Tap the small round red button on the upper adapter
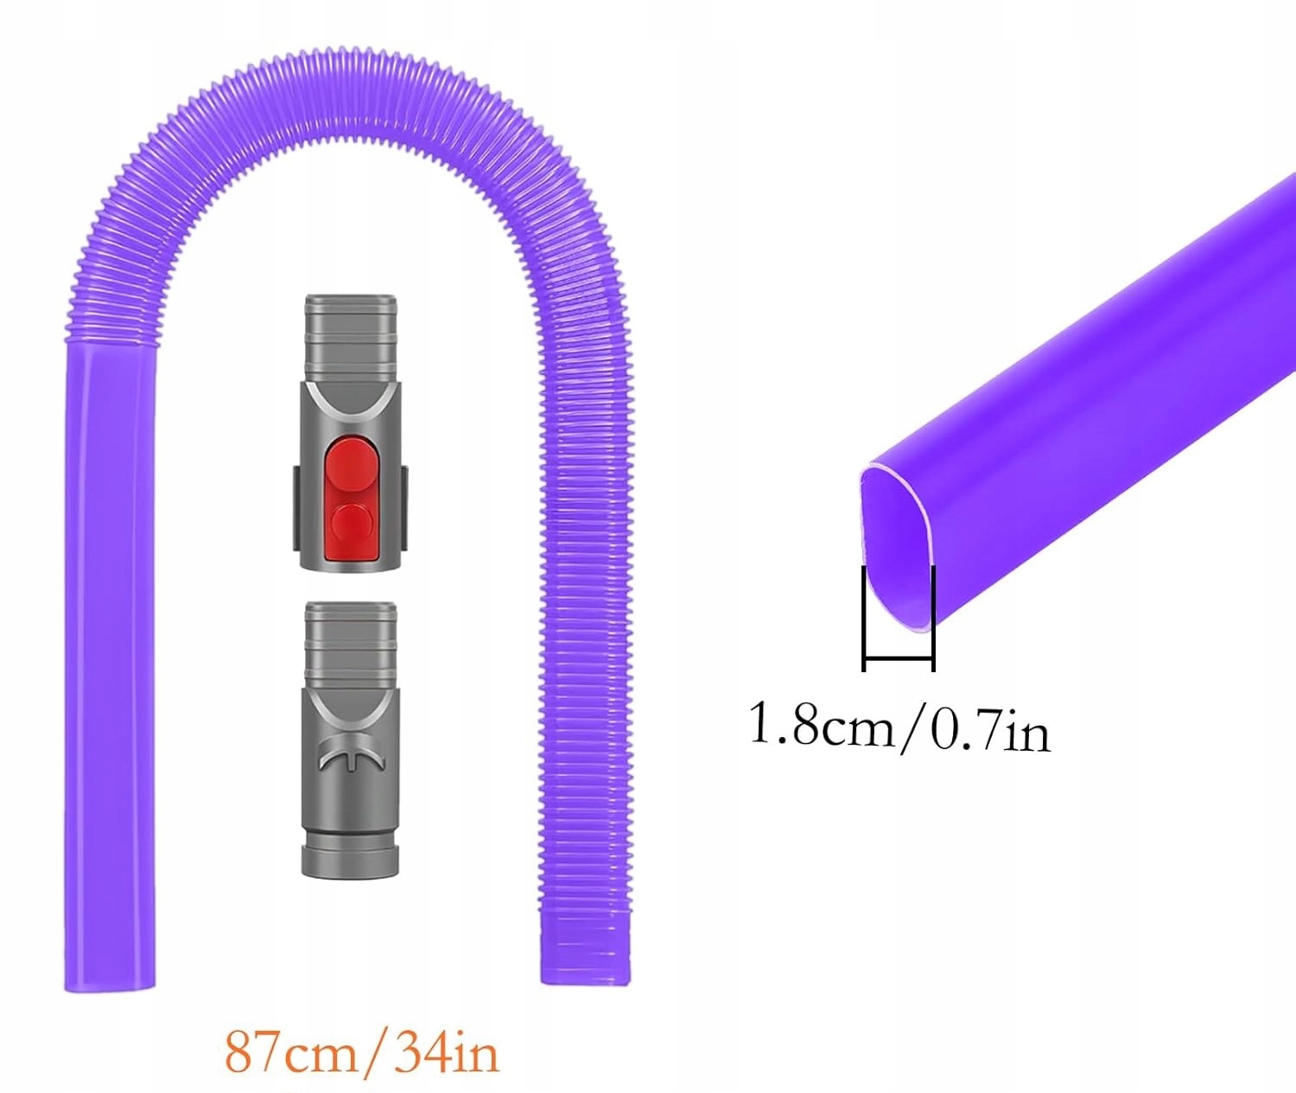coord(351,524)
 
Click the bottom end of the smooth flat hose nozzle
coord(110,981)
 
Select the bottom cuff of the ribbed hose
coord(585,959)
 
